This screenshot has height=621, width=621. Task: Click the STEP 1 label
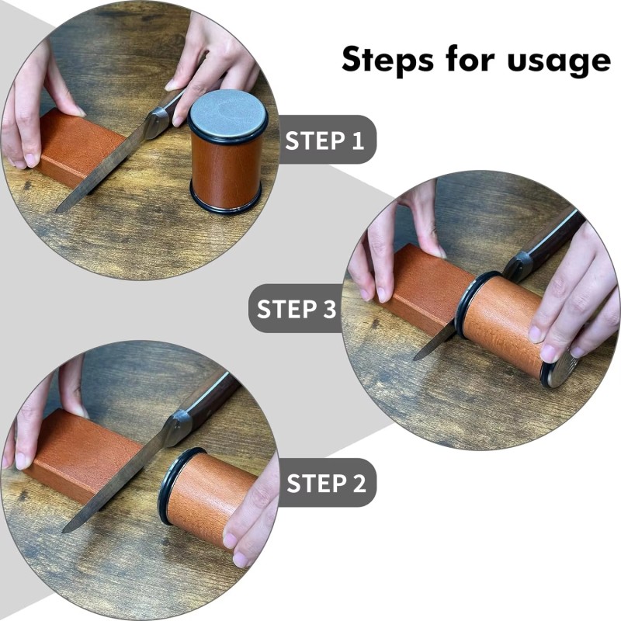coord(325,141)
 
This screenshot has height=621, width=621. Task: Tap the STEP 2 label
coord(326,483)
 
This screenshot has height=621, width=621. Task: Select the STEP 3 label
coord(297,308)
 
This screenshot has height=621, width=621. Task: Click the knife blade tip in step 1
coord(61,208)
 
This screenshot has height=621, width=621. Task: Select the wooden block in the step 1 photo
coord(78,147)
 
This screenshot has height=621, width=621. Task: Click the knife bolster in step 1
coord(158,120)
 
